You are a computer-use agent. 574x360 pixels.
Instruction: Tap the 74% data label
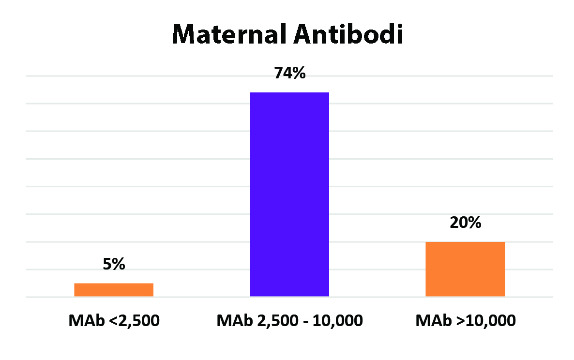(289, 73)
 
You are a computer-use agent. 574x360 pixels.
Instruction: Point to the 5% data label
(114, 264)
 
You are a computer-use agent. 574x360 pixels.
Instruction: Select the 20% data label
(465, 223)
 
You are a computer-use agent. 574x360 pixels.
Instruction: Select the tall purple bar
(289, 194)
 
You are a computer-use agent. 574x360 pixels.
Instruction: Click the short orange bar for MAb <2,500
(114, 290)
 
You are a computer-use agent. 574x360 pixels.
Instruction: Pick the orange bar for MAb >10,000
(465, 269)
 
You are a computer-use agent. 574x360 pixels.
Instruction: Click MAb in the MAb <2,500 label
(87, 320)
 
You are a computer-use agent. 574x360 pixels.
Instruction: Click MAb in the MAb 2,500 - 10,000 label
(235, 320)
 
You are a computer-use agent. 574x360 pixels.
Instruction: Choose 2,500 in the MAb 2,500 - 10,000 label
(278, 321)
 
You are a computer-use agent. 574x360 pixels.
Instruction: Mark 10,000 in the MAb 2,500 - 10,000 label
(337, 321)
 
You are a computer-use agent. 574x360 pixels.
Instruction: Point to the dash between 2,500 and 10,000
(305, 322)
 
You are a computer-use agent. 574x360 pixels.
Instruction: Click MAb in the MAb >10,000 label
(434, 320)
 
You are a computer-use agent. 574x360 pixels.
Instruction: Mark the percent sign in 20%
(475, 223)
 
